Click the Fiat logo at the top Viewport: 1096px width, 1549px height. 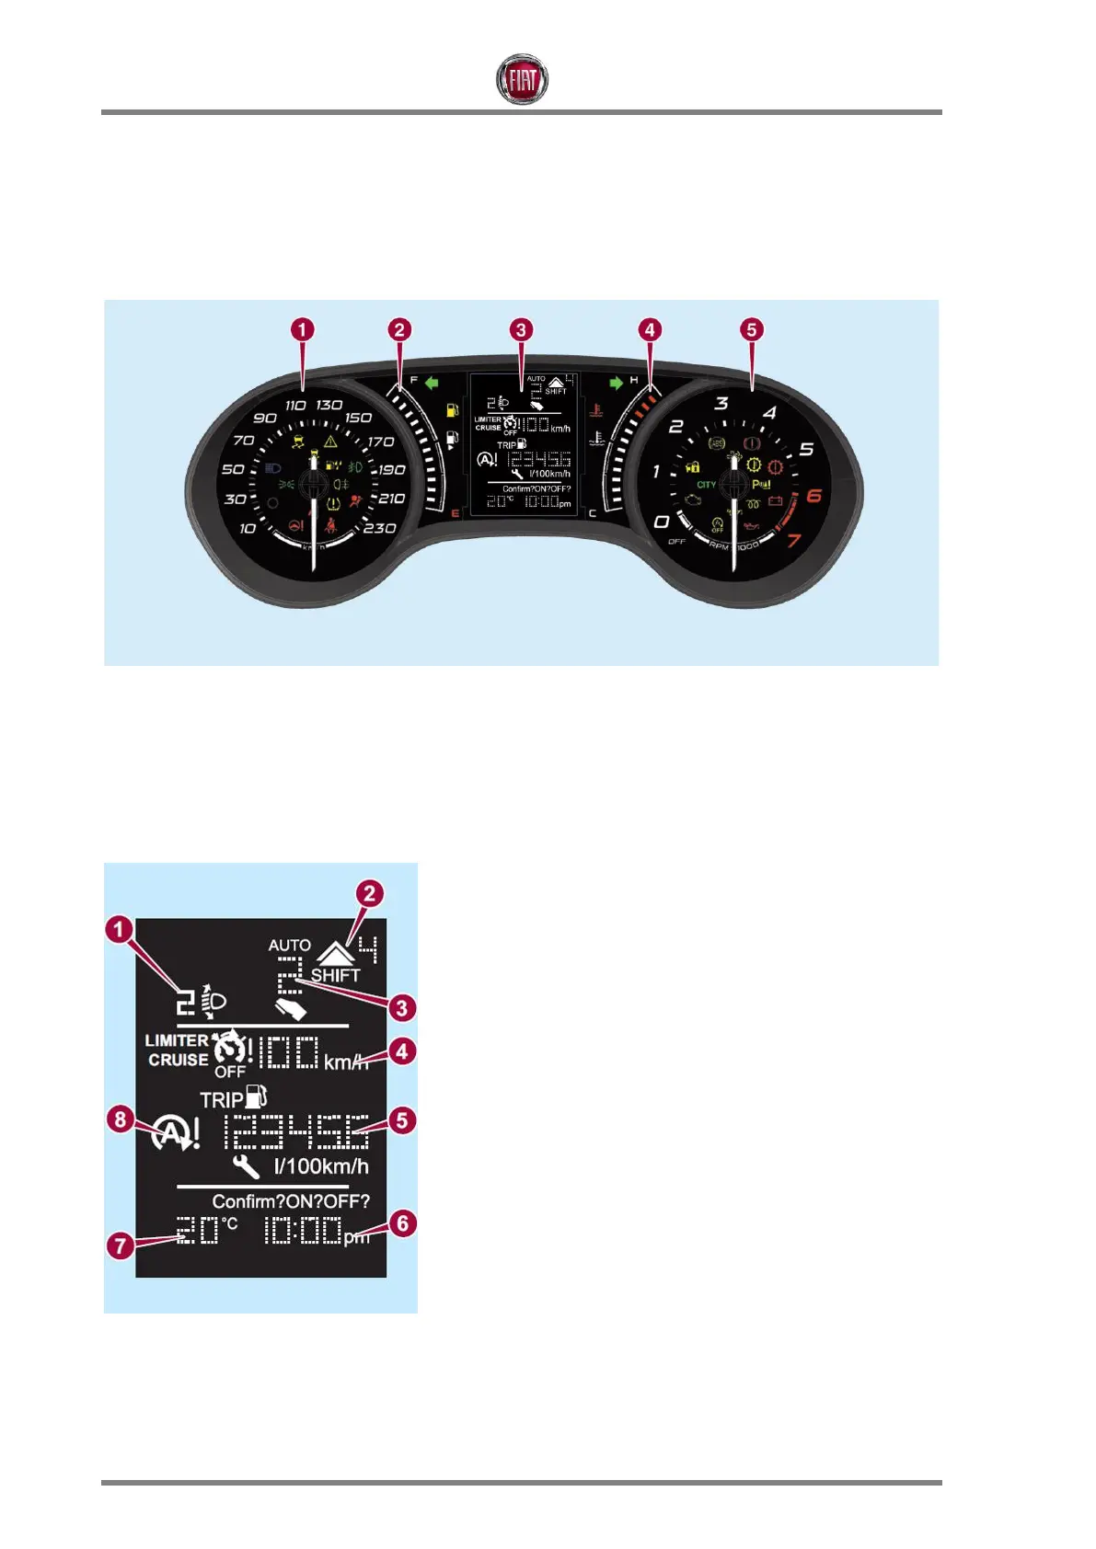[522, 79]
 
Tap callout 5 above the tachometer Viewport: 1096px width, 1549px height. [752, 329]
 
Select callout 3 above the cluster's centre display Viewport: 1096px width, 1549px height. [521, 329]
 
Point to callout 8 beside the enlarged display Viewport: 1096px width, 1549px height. [121, 1119]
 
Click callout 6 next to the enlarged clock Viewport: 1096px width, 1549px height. [402, 1223]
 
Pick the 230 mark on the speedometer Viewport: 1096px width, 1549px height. [379, 528]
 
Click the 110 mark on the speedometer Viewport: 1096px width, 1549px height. [295, 406]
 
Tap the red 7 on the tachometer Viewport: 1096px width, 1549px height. [793, 541]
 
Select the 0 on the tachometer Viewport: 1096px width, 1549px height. [661, 522]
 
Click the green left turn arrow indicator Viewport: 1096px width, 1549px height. [431, 383]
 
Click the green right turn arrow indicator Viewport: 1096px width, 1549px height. [616, 383]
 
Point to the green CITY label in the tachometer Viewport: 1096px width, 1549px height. [706, 485]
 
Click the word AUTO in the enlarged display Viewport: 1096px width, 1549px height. [289, 946]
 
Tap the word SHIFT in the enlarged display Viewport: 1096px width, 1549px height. [335, 975]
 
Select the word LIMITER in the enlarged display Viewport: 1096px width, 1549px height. [177, 1040]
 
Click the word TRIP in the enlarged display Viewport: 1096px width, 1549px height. [222, 1100]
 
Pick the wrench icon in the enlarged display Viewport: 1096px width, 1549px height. [246, 1167]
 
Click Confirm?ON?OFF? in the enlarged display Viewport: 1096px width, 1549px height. [291, 1201]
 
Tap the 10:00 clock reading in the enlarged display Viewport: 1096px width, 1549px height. [304, 1230]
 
